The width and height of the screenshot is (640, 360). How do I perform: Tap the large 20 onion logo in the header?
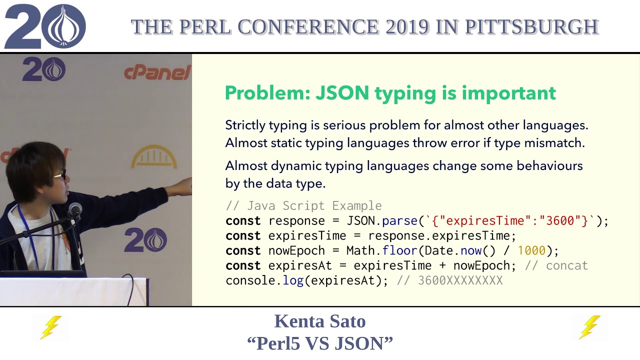45,26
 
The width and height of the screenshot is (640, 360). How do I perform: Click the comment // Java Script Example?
303,206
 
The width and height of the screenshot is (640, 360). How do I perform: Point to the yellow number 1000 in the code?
531,250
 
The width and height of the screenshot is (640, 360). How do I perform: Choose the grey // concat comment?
556,265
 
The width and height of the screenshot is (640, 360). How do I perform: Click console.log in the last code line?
264,280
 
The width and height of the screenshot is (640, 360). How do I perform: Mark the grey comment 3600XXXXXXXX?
460,280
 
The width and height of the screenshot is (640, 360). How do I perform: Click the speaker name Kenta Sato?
319,321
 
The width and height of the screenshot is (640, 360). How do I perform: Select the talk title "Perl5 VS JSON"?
319,343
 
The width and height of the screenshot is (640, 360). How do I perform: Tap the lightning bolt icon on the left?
50,327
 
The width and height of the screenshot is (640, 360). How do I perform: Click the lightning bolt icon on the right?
590,327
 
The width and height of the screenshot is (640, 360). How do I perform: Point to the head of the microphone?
75,209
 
